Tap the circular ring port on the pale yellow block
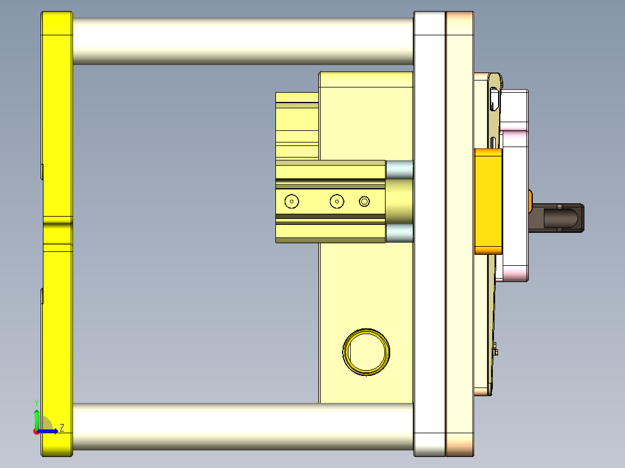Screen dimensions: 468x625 coord(366,352)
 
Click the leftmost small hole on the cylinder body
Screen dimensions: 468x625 coord(292,202)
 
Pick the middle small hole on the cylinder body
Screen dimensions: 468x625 coord(337,202)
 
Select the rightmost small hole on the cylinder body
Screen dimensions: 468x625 coord(364,201)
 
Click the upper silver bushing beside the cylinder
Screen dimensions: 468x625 coord(399,169)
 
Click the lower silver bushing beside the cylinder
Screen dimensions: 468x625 coord(399,233)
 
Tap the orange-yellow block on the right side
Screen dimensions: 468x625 coord(488,201)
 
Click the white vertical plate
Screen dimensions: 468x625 coord(430,232)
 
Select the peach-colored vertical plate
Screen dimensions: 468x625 coord(460,232)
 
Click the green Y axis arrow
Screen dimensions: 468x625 coord(37,416)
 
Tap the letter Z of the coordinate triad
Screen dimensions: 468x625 coord(61,428)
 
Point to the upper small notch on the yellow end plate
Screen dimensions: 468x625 coord(42,171)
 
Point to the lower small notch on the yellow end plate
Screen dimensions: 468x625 coord(42,295)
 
